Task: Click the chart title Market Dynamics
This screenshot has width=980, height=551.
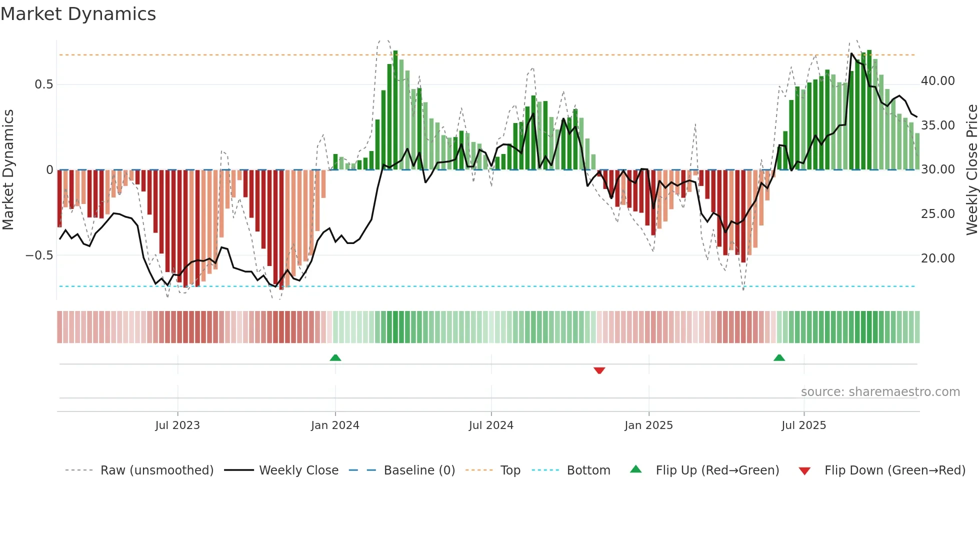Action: tap(78, 14)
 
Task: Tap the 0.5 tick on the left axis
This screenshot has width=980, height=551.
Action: tap(43, 84)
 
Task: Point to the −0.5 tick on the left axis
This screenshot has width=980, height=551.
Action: tap(39, 255)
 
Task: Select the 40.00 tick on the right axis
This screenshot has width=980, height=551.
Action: tap(937, 81)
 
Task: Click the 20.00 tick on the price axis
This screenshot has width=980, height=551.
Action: tap(937, 258)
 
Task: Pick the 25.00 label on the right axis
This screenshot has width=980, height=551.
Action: tap(937, 214)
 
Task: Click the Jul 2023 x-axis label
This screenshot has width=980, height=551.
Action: tap(177, 425)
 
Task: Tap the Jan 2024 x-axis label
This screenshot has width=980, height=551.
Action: tap(334, 425)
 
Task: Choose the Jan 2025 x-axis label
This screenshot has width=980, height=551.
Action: tap(648, 425)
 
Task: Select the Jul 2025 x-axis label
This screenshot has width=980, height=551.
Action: tap(803, 425)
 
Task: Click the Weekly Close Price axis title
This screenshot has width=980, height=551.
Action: tap(971, 169)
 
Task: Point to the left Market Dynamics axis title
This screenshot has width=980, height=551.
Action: tap(8, 169)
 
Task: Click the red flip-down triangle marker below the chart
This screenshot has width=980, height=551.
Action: tap(599, 370)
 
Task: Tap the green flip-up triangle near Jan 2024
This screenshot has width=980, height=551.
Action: tap(335, 357)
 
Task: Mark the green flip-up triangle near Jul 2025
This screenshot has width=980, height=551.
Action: tap(779, 357)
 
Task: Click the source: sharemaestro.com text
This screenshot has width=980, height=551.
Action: tap(880, 392)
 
